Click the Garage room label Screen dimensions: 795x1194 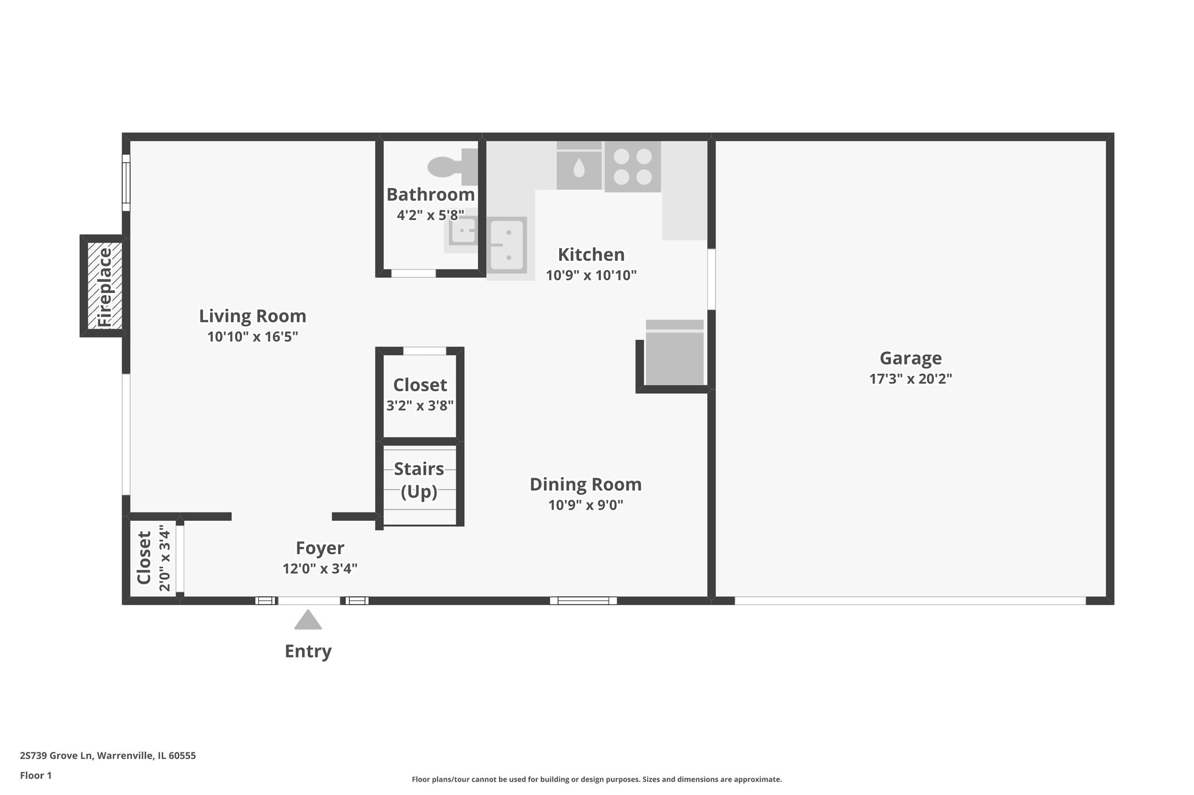tap(910, 358)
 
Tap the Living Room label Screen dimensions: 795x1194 tap(252, 316)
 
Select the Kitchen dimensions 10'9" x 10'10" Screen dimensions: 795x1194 tap(591, 275)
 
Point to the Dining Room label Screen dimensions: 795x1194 tap(585, 484)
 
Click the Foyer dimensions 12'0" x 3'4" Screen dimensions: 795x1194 tap(320, 568)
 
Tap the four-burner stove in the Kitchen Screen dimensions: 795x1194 tap(633, 167)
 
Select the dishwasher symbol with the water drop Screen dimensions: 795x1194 tap(579, 167)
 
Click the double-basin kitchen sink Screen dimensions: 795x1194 tap(507, 245)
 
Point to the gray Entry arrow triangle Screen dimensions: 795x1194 tap(308, 620)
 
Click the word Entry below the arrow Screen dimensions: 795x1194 tap(308, 651)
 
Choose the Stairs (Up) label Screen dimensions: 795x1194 tap(419, 480)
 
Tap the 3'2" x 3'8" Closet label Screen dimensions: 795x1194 tap(420, 385)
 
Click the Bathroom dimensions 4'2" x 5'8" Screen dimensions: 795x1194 tap(430, 215)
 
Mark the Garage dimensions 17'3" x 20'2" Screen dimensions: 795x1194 tap(910, 379)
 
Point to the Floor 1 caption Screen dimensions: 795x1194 tap(36, 775)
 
